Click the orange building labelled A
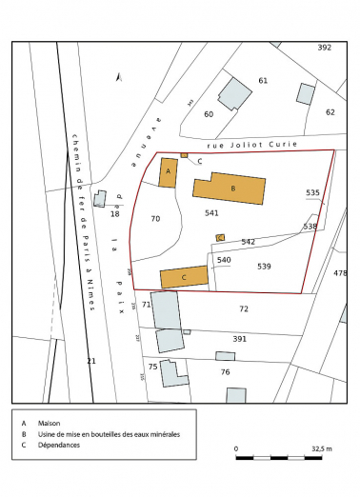pyautogui.click(x=169, y=172)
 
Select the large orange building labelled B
pyautogui.click(x=230, y=189)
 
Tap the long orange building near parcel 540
pyautogui.click(x=184, y=277)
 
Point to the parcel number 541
pyautogui.click(x=211, y=213)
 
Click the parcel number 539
pyautogui.click(x=265, y=266)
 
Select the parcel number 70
pyautogui.click(x=156, y=219)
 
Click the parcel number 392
pyautogui.click(x=324, y=48)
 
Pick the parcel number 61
pyautogui.click(x=264, y=81)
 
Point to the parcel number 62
pyautogui.click(x=330, y=112)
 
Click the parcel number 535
pyautogui.click(x=312, y=193)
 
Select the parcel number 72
pyautogui.click(x=244, y=309)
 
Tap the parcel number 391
pyautogui.click(x=239, y=338)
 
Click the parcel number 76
pyautogui.click(x=226, y=371)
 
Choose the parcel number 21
pyautogui.click(x=91, y=362)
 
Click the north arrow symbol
pyautogui.click(x=117, y=77)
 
